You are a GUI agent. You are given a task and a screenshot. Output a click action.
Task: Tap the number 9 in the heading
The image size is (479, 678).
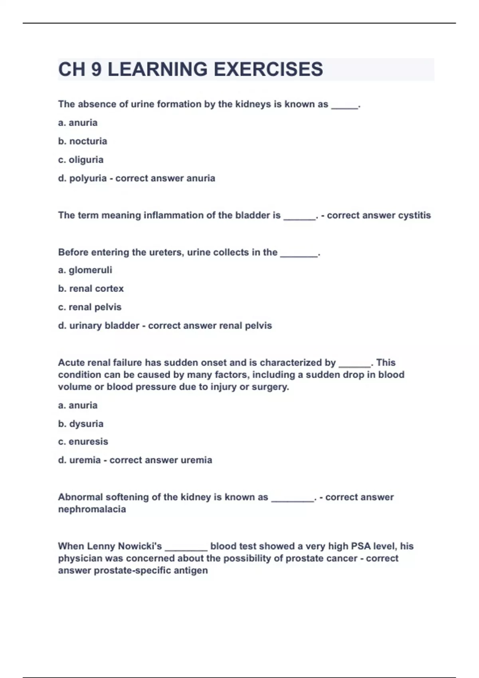96,69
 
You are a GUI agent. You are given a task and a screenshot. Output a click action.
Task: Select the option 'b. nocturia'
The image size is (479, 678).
83,141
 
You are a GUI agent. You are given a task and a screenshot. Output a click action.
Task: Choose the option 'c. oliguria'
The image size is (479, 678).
81,160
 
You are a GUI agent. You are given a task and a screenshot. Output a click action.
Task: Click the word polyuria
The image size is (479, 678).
88,178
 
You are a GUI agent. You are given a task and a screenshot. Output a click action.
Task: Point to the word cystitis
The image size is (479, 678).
414,215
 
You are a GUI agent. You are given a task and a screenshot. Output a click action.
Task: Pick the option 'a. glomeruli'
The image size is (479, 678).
85,270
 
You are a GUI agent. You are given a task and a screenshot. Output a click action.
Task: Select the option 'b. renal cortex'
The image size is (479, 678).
91,288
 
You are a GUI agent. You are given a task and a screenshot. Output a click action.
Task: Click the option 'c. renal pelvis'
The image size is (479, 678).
90,307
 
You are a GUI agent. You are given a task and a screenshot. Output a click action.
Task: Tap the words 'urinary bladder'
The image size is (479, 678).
104,325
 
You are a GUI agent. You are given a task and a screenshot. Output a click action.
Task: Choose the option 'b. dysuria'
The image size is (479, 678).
81,424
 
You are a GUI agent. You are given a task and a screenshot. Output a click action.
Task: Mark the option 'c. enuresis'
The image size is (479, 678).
83,441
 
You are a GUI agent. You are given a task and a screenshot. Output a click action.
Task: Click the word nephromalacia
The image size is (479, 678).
92,509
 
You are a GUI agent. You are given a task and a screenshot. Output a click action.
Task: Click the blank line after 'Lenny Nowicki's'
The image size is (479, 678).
186,548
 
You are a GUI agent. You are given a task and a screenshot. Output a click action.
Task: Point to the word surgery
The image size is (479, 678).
270,387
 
